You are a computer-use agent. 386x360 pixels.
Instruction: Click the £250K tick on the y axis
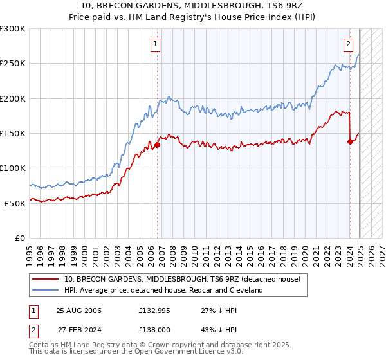(x=14, y=64)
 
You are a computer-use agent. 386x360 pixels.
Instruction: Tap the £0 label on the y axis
(x=19, y=237)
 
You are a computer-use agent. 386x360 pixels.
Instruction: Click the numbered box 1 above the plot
(x=156, y=44)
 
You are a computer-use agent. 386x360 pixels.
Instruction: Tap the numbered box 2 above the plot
(x=348, y=44)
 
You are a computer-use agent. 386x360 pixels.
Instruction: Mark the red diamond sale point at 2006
(x=158, y=145)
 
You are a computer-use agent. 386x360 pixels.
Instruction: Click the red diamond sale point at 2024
(x=350, y=142)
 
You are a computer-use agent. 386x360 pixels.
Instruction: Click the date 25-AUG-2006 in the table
(x=78, y=310)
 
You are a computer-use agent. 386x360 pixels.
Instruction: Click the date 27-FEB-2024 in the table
(x=78, y=328)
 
